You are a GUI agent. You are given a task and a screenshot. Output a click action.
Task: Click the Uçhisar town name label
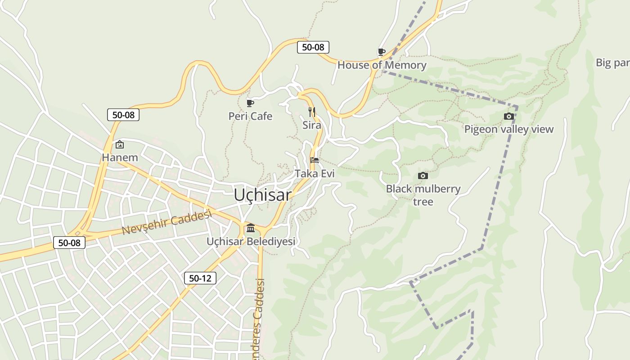(x=263, y=195)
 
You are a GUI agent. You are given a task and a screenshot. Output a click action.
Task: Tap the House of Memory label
(x=382, y=65)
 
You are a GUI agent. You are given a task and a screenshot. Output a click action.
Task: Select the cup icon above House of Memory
(x=381, y=52)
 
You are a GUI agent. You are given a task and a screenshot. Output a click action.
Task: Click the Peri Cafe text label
(x=250, y=116)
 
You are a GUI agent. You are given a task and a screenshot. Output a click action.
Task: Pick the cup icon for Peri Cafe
(x=250, y=103)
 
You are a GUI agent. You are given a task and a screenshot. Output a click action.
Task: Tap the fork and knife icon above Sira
(x=311, y=112)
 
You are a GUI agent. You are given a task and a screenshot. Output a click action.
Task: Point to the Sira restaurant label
(x=311, y=125)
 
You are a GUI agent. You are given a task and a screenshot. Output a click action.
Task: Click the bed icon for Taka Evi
(x=315, y=160)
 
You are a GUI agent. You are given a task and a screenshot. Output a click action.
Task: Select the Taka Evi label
(x=315, y=173)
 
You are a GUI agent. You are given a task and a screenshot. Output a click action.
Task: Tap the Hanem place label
(x=120, y=157)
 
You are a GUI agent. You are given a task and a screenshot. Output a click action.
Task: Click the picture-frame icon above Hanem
(x=120, y=144)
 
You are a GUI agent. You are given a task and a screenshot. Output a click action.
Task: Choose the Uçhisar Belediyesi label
(x=251, y=241)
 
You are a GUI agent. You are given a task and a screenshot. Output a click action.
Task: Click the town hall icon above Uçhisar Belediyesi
(x=251, y=228)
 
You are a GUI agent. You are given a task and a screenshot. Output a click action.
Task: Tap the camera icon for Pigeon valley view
(x=508, y=117)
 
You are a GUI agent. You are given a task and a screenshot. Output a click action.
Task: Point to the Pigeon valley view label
(x=508, y=129)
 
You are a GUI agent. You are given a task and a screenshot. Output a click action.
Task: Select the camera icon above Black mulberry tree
(x=423, y=175)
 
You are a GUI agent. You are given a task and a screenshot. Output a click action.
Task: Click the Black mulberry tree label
(x=423, y=195)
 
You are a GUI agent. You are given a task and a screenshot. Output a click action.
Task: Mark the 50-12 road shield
(x=200, y=278)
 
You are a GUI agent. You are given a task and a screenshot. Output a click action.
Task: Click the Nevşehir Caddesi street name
(x=166, y=223)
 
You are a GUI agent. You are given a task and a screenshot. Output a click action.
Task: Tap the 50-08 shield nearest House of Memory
(x=313, y=47)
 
